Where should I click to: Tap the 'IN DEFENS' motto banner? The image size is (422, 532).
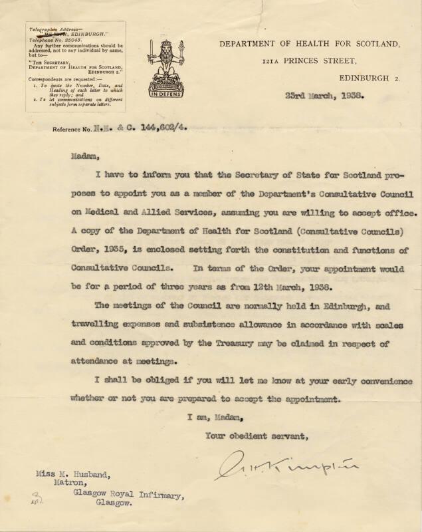coord(163,94)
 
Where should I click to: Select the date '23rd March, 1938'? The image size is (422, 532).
coord(324,94)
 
